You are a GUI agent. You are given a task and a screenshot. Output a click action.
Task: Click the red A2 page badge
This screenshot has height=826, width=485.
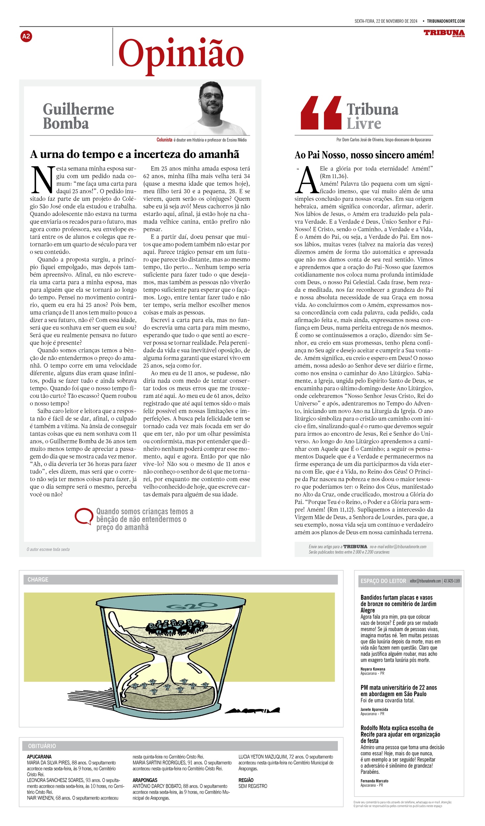coord(26,36)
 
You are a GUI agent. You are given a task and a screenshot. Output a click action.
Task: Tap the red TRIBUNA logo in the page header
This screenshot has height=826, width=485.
coord(444,33)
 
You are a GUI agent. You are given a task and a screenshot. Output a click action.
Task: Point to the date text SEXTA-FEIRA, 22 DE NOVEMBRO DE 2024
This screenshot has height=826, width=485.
coord(386,21)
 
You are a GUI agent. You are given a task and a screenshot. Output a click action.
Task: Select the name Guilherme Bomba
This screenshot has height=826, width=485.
coord(78,116)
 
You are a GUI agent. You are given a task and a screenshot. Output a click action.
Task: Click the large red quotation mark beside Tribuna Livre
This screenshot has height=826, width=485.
coord(321,113)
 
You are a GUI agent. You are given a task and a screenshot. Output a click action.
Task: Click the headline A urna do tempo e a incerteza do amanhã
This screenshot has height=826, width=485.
coord(135,154)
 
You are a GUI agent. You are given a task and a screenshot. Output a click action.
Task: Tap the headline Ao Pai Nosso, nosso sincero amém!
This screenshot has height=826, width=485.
coord(364,155)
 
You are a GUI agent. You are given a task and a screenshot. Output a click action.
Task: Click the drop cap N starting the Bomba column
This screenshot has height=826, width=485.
coord(42,180)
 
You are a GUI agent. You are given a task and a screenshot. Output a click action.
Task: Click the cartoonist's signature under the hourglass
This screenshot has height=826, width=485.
coord(252,710)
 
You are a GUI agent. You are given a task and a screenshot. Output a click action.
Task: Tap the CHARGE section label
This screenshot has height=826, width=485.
coord(38,580)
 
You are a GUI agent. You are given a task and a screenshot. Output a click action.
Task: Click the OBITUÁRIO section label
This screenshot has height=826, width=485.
coord(42,746)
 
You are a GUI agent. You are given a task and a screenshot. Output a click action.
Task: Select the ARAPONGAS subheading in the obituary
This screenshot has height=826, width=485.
coord(145,780)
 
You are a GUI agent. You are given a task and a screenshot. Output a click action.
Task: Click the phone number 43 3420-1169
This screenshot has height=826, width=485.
coord(452,581)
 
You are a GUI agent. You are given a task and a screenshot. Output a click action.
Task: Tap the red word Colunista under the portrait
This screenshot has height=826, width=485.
coord(164,140)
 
